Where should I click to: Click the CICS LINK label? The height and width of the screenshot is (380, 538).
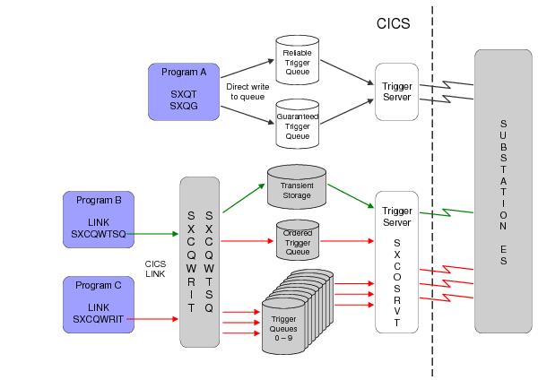(x=155, y=269)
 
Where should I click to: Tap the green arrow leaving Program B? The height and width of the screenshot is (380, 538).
(x=156, y=235)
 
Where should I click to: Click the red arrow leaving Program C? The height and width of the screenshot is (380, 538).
(x=156, y=318)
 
